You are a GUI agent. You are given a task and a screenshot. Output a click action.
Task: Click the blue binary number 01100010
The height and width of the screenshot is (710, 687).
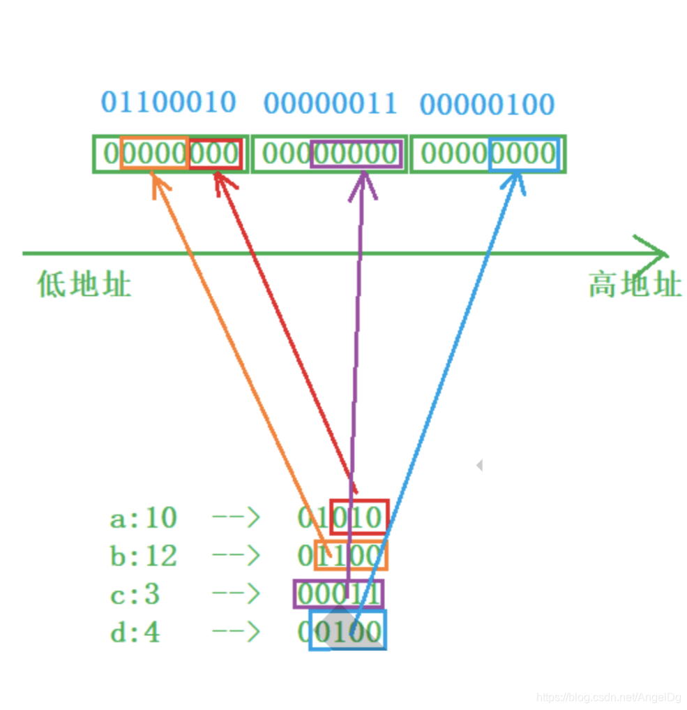(169, 102)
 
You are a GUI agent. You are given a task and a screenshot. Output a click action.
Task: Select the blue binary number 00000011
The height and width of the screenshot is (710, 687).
(330, 104)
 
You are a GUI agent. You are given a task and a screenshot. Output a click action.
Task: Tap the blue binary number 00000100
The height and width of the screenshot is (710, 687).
(487, 105)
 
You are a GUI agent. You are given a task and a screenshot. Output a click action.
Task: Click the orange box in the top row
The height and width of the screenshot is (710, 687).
(154, 154)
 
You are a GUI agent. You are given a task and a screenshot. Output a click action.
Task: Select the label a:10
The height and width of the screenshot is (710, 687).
(144, 518)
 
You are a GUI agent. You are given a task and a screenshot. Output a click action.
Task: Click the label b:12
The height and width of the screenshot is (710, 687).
(144, 556)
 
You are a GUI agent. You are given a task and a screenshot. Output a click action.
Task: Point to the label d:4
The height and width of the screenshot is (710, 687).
(135, 633)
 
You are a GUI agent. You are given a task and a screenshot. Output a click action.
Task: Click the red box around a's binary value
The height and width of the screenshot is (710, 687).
(358, 517)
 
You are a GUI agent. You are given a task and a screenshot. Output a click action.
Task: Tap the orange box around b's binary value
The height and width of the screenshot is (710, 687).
(351, 556)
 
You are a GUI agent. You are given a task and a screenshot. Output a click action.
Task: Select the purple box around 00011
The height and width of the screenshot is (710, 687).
(338, 594)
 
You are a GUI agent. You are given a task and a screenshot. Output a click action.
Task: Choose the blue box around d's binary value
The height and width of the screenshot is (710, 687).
(348, 631)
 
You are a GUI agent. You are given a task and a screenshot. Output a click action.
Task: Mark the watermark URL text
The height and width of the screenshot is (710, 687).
(608, 697)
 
